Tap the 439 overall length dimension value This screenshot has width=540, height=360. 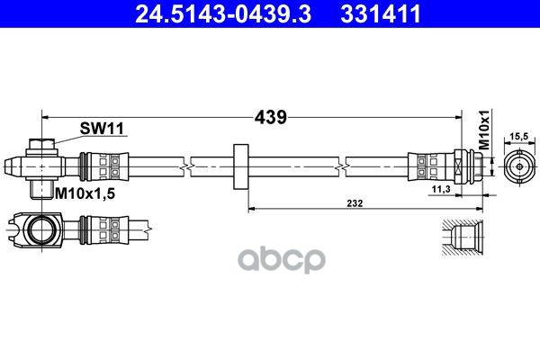[x=269, y=116]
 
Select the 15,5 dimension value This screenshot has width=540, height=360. [x=518, y=136]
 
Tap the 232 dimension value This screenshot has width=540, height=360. [x=358, y=204]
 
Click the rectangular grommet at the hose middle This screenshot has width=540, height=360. [x=239, y=166]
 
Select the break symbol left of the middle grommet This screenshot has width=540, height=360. [x=185, y=166]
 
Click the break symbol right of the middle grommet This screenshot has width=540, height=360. [x=345, y=166]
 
